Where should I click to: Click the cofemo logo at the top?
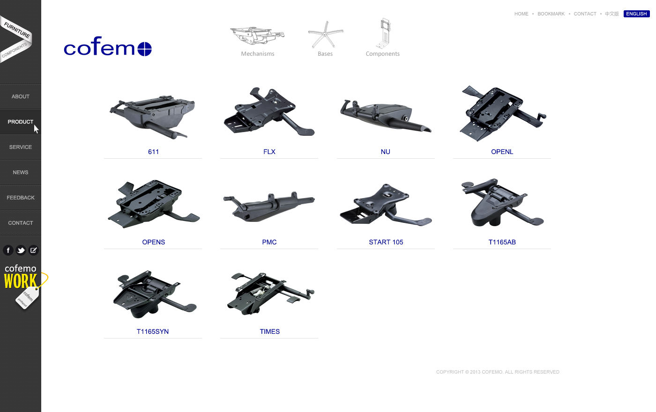click(107, 47)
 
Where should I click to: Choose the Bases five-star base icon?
click(325, 35)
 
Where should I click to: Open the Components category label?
click(382, 54)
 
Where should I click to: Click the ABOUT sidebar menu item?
click(21, 96)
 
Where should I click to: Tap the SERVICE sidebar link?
click(21, 147)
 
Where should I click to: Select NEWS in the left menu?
click(21, 172)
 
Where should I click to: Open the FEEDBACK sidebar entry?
click(21, 198)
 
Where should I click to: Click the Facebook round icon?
click(8, 250)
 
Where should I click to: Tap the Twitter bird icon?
click(21, 250)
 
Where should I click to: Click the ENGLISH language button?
click(636, 14)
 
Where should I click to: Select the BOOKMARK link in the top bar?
click(551, 14)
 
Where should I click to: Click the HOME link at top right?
click(521, 14)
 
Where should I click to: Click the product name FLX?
click(269, 152)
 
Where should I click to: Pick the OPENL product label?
click(502, 152)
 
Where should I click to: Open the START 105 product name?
click(386, 242)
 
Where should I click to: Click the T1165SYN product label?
click(153, 331)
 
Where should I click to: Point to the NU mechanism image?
click(385, 116)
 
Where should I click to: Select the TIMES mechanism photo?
click(269, 294)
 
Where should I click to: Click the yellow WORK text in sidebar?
click(20, 281)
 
